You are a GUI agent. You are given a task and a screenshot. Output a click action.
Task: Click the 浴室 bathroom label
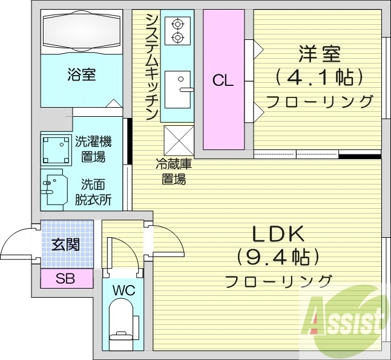point(82,75)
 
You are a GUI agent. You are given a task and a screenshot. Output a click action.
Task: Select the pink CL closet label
point(223,80)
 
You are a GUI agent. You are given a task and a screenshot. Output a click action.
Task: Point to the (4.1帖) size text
point(319,77)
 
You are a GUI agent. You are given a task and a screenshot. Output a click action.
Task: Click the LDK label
point(278,234)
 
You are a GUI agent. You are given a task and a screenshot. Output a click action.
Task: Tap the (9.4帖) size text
point(278,258)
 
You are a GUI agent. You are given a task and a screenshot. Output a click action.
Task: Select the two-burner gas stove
point(177,30)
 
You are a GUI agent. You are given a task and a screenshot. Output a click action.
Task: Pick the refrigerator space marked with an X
point(177,139)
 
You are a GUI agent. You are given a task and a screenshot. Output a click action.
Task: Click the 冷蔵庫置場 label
point(173,171)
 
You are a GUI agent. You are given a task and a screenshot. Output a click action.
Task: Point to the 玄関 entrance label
point(65,245)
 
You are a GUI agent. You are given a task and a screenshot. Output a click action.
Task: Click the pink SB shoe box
point(67,279)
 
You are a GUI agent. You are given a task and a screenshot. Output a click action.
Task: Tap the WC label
point(123,289)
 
